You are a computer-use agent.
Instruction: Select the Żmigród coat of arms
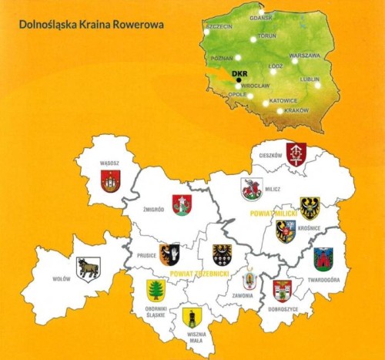(182, 204)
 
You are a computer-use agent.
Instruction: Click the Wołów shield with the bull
(88, 268)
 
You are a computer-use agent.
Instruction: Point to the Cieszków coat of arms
(296, 152)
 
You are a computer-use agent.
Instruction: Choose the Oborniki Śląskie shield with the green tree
(156, 290)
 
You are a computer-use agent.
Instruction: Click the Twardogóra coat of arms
(323, 259)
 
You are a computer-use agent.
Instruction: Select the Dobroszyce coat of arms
(282, 290)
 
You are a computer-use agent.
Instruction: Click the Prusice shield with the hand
(169, 254)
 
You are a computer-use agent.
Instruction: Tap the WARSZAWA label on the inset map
(304, 56)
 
